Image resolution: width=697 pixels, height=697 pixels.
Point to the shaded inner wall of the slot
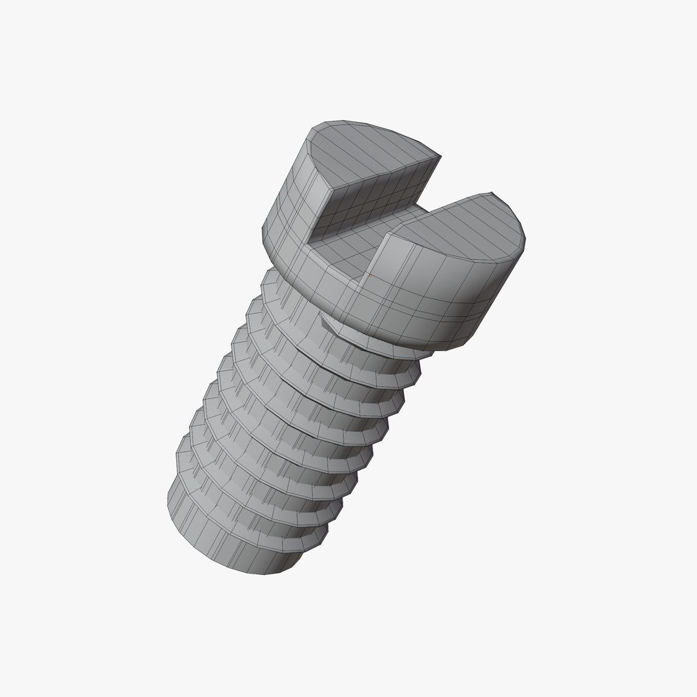tap(374, 194)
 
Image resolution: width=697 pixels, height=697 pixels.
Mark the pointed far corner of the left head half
tap(440, 156)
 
